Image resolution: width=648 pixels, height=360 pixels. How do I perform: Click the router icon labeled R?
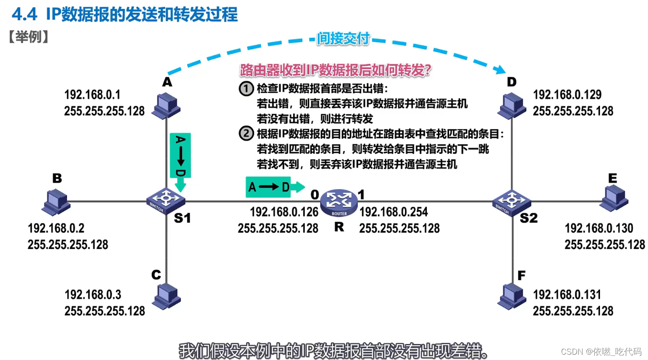[x=339, y=204]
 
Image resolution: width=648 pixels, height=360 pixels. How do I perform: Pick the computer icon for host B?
[x=56, y=201]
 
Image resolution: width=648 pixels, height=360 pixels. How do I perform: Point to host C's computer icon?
[x=166, y=295]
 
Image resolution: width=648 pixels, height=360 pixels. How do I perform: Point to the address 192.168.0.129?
[x=567, y=95]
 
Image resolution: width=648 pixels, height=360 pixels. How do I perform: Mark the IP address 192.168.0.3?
[x=93, y=295]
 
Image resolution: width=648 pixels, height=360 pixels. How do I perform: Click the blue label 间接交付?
[x=343, y=39]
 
